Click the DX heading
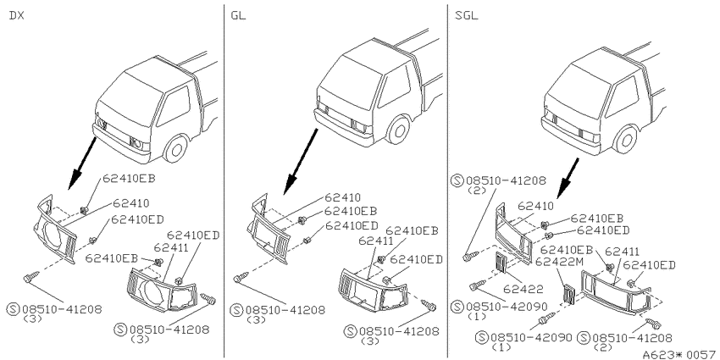coord(17,15)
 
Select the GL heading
coord(238,15)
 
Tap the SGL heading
coord(466,15)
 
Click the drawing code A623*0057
coord(679,354)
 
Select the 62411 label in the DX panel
coord(170,248)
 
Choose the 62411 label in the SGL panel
coord(622,252)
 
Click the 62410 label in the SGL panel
coord(536,206)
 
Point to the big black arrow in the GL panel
coord(301,162)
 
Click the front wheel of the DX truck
coord(176,148)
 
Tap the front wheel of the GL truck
coord(397,130)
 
